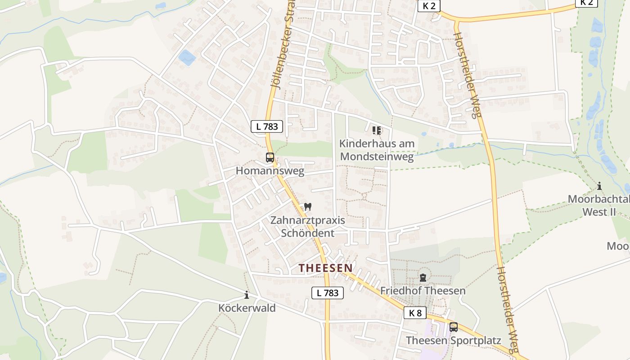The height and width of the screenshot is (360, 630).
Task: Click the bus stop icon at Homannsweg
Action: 270,157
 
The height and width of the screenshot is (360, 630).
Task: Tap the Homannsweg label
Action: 270,171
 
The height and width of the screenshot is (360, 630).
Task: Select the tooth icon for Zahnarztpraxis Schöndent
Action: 308,207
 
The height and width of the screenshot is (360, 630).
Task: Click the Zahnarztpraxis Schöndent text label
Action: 308,227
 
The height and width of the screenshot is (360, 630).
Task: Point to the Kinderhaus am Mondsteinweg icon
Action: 377,130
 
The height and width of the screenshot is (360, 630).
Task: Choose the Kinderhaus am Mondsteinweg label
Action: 377,150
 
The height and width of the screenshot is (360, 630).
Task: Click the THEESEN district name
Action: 326,268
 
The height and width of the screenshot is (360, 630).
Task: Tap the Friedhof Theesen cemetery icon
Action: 423,278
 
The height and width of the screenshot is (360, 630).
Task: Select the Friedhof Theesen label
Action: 423,291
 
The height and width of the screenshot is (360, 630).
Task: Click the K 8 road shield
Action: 415,313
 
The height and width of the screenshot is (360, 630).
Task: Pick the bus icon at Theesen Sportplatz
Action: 454,327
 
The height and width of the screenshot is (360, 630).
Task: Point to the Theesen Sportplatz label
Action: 454,340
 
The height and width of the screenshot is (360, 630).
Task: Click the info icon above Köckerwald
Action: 247,295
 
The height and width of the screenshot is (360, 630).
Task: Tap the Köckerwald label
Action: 247,308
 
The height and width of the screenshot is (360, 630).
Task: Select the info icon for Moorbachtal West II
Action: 599,186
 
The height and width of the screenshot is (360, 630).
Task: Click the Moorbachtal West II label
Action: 598,205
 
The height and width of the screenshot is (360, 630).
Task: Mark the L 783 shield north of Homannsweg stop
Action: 267,126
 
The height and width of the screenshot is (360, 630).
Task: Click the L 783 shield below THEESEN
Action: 328,293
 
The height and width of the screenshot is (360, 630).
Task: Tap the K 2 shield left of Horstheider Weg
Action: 429,6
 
